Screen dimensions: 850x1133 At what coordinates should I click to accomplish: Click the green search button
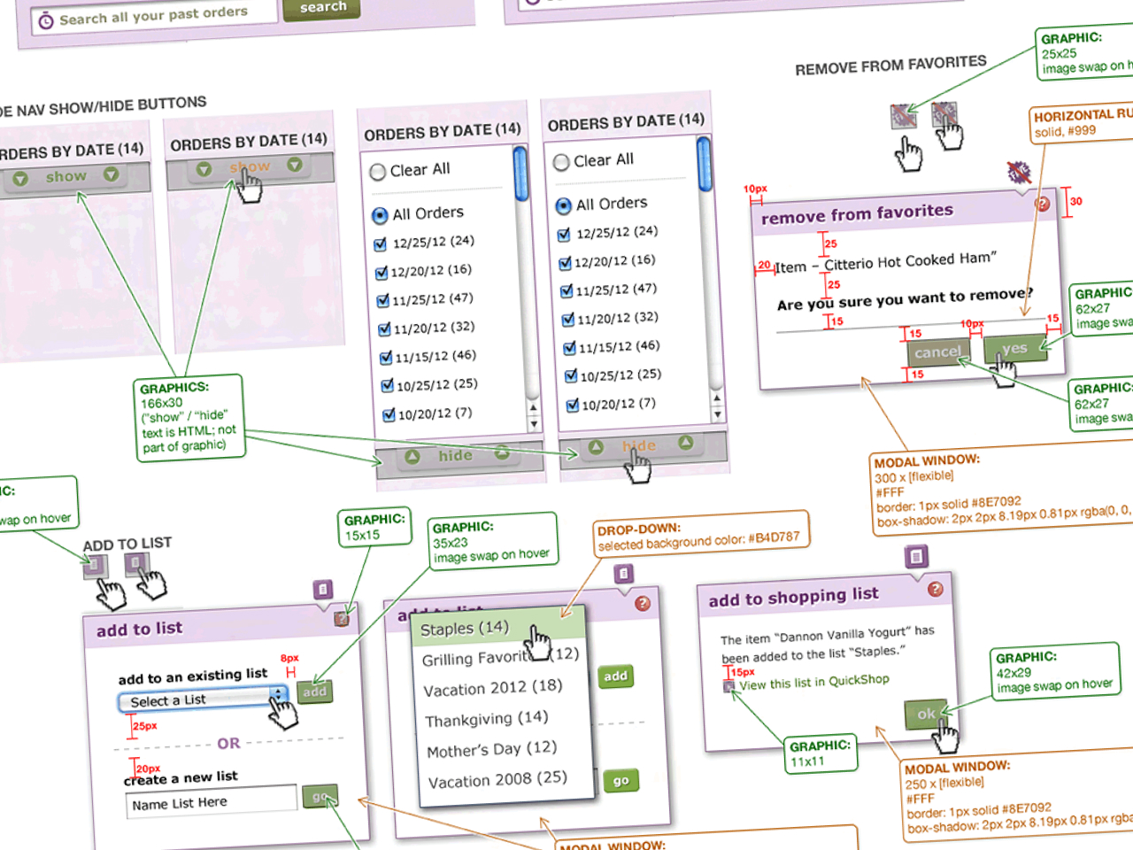pyautogui.click(x=322, y=8)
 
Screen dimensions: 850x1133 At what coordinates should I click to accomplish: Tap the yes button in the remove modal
pyautogui.click(x=1014, y=349)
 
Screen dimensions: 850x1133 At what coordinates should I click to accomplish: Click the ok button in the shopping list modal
pyautogui.click(x=926, y=714)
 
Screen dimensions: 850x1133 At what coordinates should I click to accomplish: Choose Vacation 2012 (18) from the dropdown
pyautogui.click(x=493, y=687)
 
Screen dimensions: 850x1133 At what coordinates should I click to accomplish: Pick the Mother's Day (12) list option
pyautogui.click(x=492, y=749)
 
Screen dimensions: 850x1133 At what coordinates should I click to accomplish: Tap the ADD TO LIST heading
pyautogui.click(x=127, y=545)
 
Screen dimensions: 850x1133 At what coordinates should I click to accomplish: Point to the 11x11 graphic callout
pyautogui.click(x=820, y=753)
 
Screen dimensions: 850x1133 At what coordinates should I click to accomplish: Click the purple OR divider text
pyautogui.click(x=228, y=744)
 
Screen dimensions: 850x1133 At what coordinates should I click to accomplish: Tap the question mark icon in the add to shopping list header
pyautogui.click(x=935, y=590)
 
